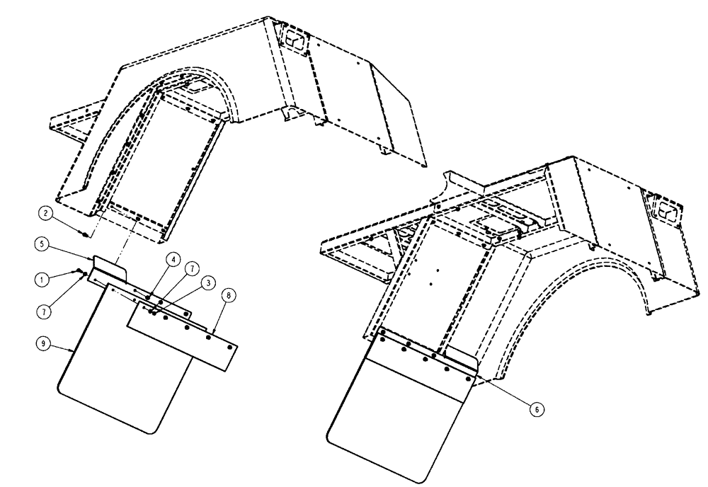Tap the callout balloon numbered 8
[226, 294]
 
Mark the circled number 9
[45, 343]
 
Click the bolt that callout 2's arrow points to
[86, 232]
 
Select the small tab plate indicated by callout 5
[107, 268]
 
